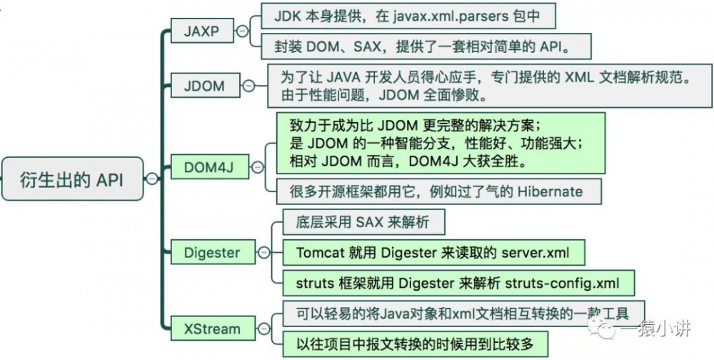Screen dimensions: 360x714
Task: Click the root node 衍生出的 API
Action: click(x=71, y=179)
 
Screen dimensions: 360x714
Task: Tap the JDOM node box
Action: click(x=204, y=86)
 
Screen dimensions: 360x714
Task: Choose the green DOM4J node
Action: click(x=209, y=167)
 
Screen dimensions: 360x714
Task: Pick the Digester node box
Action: click(x=212, y=252)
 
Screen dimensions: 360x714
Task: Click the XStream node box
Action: click(x=212, y=329)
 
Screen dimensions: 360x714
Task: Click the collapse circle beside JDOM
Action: click(x=248, y=86)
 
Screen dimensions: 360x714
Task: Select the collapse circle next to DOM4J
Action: click(x=254, y=167)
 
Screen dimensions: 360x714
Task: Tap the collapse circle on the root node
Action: click(x=151, y=179)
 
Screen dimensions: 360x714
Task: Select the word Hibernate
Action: click(x=546, y=191)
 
